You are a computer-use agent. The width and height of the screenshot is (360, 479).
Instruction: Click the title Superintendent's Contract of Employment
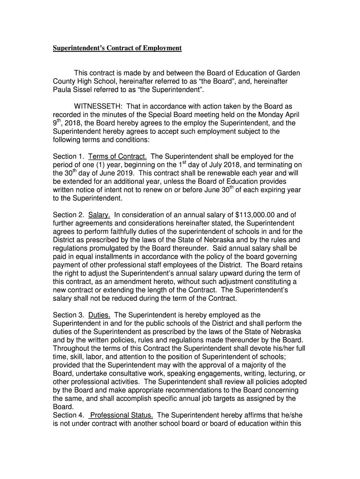coord(117,48)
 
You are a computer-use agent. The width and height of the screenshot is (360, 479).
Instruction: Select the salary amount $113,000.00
coord(258,215)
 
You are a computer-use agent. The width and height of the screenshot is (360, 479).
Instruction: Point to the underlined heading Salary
coord(99,215)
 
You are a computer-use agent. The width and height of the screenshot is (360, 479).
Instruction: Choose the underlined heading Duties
coord(99,315)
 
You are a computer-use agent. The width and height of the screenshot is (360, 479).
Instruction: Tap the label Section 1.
coord(68,156)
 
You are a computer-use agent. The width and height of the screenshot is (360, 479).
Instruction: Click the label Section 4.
coord(68,415)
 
